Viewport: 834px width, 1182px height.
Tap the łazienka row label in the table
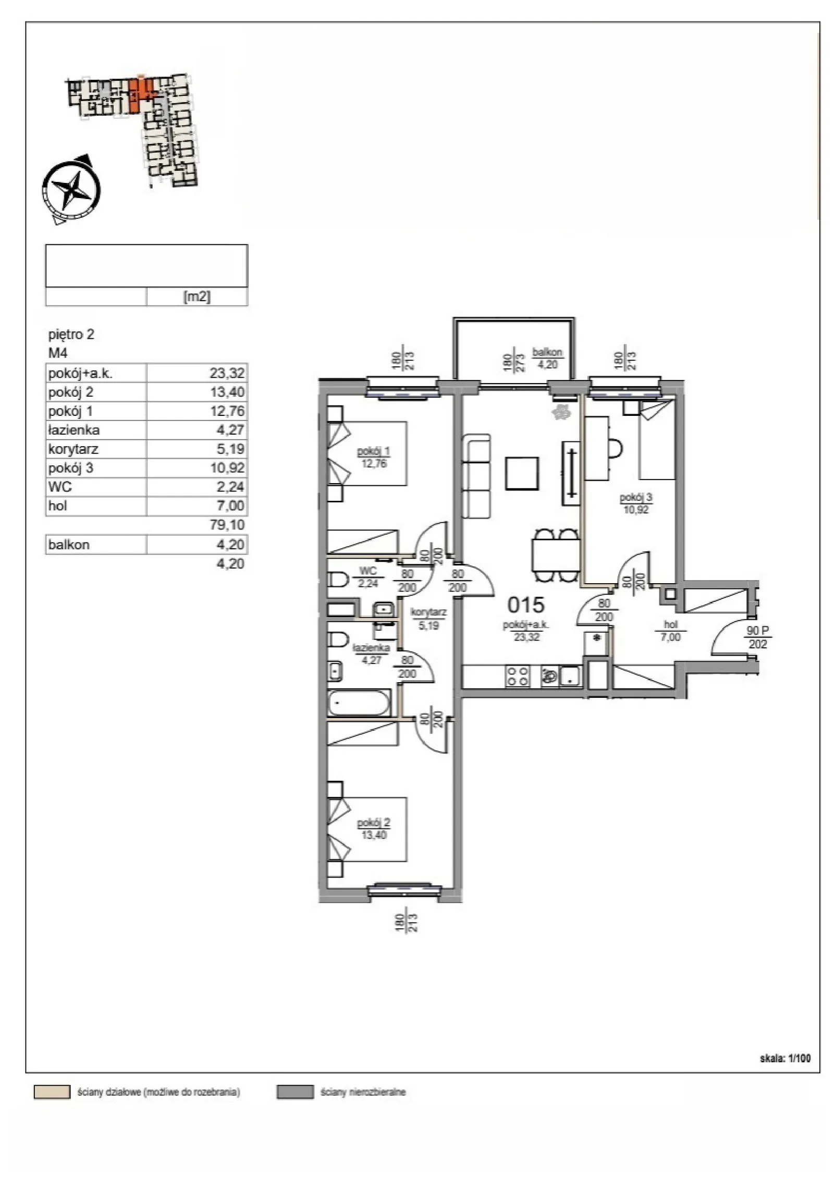73,430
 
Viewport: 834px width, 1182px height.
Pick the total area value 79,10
227,524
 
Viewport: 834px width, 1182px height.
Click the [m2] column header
197,296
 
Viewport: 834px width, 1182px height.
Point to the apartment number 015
525,605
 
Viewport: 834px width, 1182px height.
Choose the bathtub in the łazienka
359,703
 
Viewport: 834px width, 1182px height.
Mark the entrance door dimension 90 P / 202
757,637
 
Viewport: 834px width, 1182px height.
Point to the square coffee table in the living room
522,473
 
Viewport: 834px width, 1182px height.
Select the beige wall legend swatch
52,1092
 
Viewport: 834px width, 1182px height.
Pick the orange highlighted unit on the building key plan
140,94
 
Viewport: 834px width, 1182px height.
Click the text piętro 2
71,334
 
